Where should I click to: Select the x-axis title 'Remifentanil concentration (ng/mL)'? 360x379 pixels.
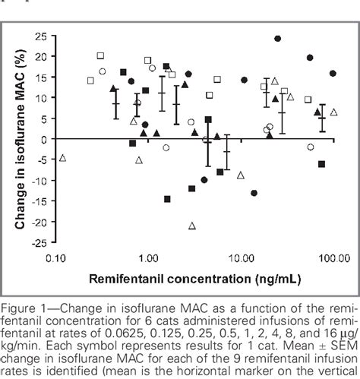tap(185, 278)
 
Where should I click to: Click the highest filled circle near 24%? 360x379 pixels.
tap(277, 38)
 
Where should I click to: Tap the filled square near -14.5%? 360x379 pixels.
tap(167, 199)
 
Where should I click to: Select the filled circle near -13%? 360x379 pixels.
tap(254, 193)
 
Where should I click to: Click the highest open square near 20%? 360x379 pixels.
tap(100, 55)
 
